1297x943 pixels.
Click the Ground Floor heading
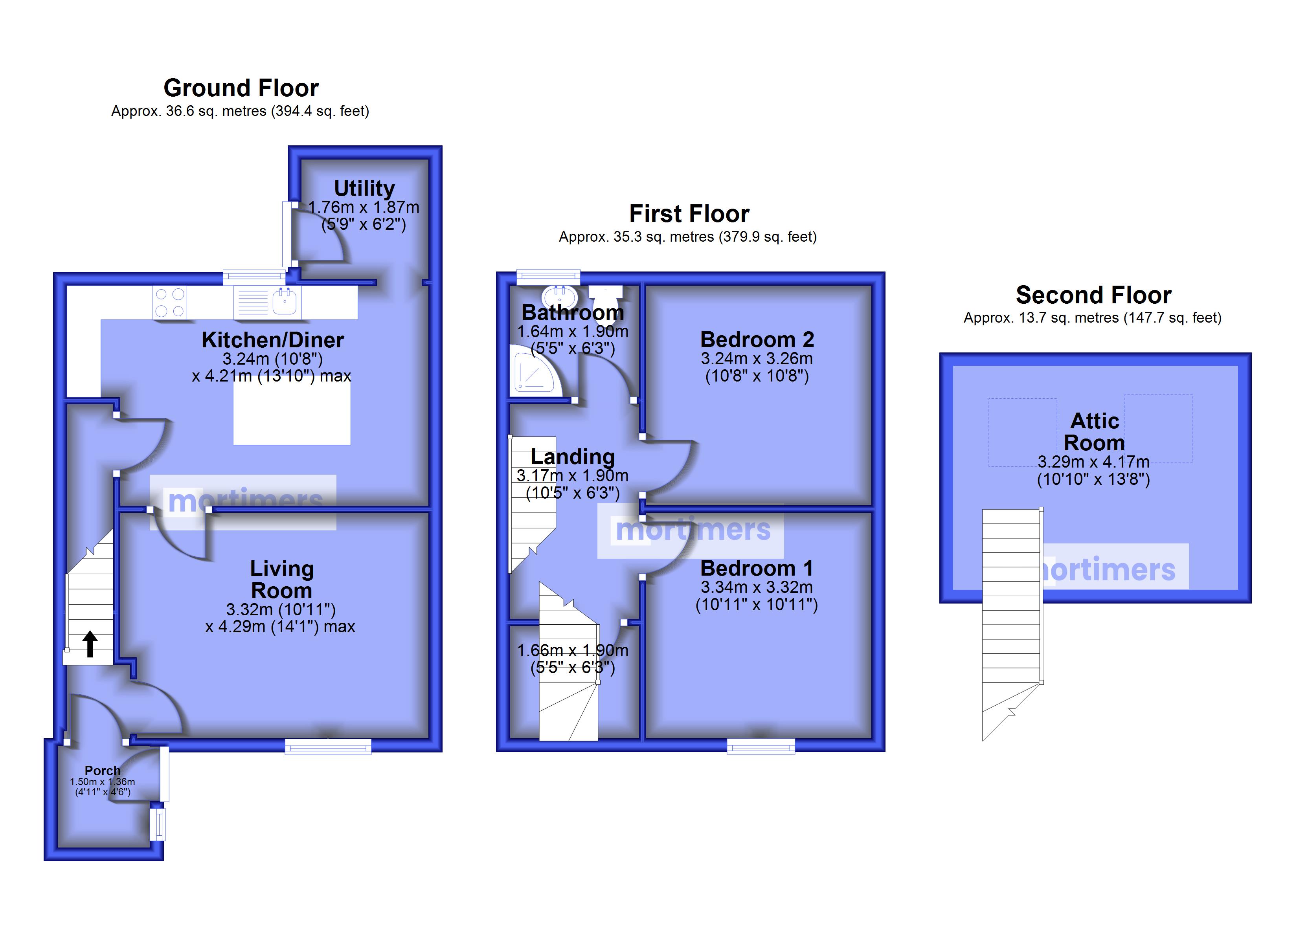click(x=241, y=88)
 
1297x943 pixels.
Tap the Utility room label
click(x=364, y=188)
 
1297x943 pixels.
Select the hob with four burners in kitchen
click(x=170, y=303)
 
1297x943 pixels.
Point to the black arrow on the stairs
click(x=89, y=644)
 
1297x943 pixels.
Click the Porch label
click(x=103, y=770)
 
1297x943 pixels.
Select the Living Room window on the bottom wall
click(x=328, y=746)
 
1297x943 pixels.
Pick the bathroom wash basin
click(x=559, y=296)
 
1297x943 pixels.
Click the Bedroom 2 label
click(x=757, y=340)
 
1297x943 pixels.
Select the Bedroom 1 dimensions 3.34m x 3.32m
click(x=757, y=587)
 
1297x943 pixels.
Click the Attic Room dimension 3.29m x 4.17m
click(x=1093, y=462)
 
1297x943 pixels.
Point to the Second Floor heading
click(x=1093, y=295)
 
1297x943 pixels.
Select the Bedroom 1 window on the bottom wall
click(x=761, y=746)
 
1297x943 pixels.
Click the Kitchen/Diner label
click(x=273, y=340)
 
